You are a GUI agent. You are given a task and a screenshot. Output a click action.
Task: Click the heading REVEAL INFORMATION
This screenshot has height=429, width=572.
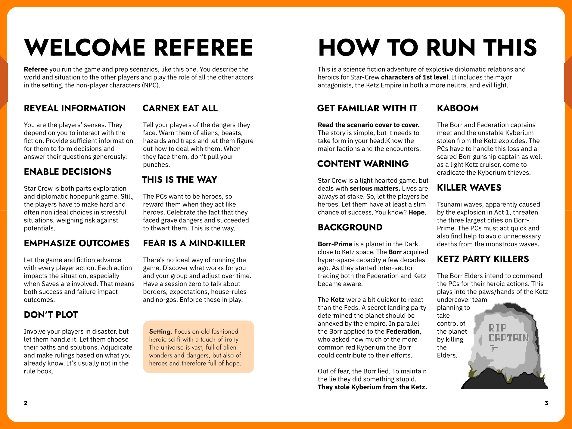pos(75,108)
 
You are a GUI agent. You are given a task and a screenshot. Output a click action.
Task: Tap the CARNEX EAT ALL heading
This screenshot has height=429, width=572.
pos(180,108)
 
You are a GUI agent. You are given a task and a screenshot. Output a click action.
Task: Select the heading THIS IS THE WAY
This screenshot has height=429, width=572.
pos(179,180)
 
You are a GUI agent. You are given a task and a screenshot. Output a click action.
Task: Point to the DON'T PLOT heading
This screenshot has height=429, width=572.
pos(51,315)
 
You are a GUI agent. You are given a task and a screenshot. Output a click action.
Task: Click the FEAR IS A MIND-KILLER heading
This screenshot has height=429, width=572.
pos(194,243)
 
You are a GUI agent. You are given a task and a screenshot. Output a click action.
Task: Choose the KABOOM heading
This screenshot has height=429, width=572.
pos(458,108)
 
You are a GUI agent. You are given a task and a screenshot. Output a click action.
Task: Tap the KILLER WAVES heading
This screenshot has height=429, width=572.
pos(469,188)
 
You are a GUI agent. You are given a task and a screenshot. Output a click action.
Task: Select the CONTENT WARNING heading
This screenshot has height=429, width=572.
pos(363,164)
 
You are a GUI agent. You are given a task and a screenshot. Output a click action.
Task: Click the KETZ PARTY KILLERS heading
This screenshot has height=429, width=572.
pos(483,259)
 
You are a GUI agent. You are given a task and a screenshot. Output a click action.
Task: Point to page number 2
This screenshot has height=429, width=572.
pos(26,403)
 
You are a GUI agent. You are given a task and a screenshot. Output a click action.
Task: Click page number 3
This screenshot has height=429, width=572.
pos(546,403)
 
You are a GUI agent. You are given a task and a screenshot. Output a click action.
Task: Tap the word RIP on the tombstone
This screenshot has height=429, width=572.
pos(497,328)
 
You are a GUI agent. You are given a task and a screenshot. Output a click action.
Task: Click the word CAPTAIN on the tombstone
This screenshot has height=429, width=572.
pos(508,338)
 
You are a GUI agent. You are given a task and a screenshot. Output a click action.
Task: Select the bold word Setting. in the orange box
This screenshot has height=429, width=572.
pos(160,331)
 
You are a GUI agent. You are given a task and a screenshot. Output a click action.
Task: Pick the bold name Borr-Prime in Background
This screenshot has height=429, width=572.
pos(335,244)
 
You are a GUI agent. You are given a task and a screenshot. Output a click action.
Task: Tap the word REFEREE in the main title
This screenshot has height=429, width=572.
pos(204,48)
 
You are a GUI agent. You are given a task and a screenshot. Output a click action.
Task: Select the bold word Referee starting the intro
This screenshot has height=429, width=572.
pos(36,70)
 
